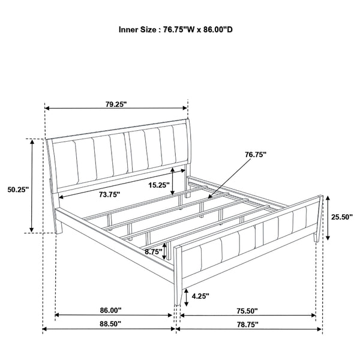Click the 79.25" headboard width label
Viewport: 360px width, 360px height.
tap(116, 103)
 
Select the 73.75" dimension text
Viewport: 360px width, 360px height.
tap(108, 194)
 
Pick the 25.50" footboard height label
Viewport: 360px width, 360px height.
tap(341, 217)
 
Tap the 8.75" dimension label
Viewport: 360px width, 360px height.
tap(153, 253)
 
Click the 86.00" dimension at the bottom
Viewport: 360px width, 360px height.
tap(111, 311)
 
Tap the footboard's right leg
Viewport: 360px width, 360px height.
tap(315, 235)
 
